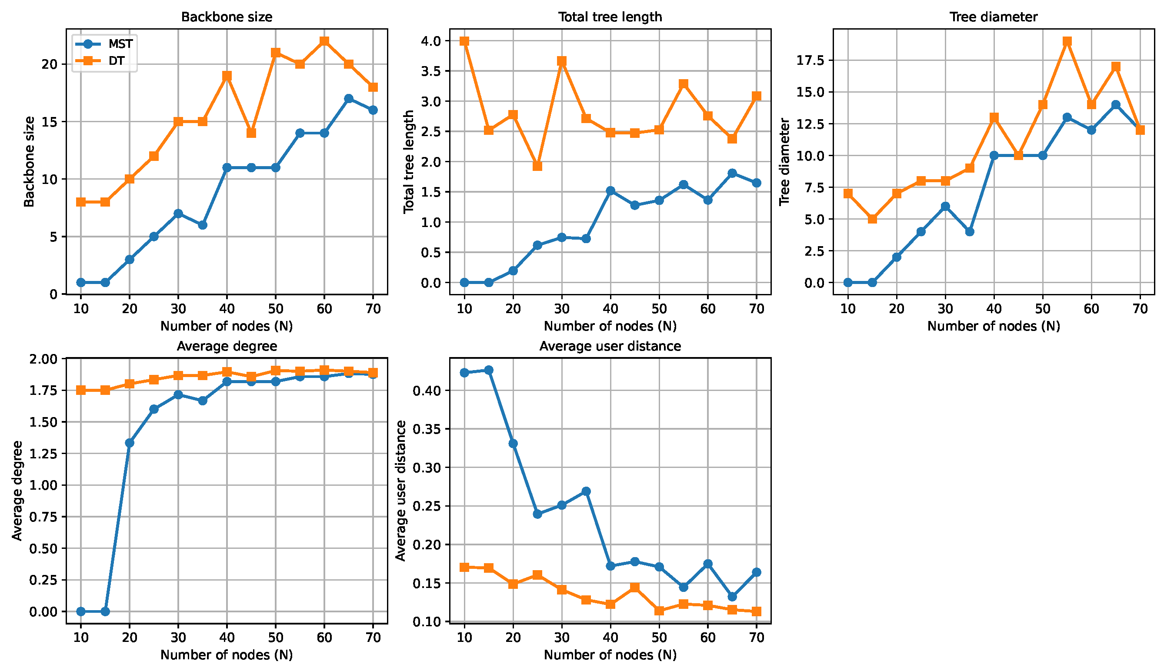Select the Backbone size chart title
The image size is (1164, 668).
[227, 17]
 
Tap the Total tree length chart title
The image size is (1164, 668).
[610, 17]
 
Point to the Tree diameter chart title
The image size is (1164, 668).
[994, 17]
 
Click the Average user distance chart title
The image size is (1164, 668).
[610, 346]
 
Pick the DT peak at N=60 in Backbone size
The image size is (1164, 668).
[324, 41]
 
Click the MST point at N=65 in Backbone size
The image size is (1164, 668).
[349, 99]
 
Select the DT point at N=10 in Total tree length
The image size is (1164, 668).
[464, 41]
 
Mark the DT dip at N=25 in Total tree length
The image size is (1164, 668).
[537, 166]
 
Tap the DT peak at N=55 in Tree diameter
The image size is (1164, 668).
[1067, 41]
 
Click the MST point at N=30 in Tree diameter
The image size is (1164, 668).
[945, 207]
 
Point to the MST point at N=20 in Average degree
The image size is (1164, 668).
[129, 443]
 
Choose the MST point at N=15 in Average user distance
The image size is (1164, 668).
[489, 370]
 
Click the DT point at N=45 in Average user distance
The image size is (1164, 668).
[635, 588]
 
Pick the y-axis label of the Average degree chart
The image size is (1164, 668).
[17, 491]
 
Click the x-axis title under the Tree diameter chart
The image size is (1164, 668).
[994, 326]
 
